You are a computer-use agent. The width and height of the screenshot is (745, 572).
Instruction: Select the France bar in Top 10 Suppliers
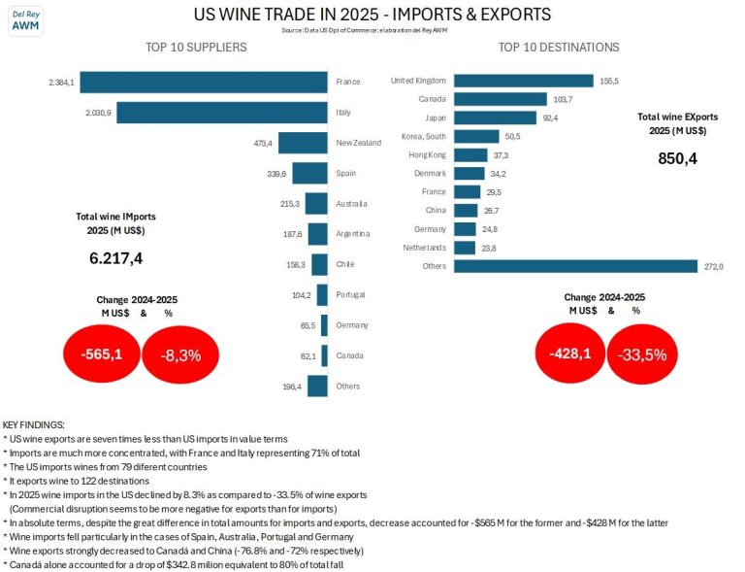[x=211, y=82]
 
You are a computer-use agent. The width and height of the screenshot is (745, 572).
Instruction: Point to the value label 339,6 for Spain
[x=275, y=174]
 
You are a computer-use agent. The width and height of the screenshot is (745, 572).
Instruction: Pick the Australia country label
[x=351, y=204]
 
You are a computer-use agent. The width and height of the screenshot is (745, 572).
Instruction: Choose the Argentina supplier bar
[x=316, y=234]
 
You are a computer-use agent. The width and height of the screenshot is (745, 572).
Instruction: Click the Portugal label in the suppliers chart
[x=351, y=295]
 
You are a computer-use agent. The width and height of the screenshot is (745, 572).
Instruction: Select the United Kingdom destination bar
[x=523, y=81]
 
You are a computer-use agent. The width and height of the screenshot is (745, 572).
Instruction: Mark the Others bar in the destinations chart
[x=576, y=266]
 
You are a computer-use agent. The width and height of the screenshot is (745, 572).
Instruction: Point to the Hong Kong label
[x=427, y=154]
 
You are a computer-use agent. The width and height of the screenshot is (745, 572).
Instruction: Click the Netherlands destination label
[x=423, y=248]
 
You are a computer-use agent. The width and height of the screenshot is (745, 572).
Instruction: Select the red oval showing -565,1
[x=100, y=354]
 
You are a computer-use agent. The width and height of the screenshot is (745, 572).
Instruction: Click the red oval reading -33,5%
[x=640, y=353]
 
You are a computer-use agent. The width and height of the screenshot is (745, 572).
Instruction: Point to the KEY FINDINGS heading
[x=34, y=425]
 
